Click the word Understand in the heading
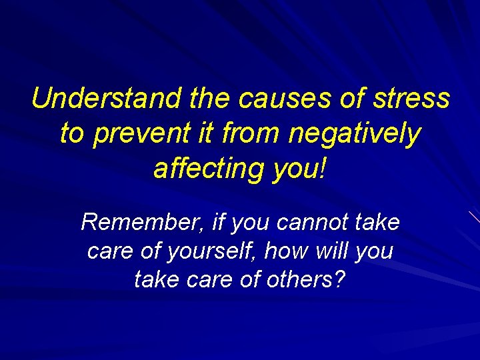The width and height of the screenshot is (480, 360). pyautogui.click(x=105, y=99)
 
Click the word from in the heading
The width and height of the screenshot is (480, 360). pyautogui.click(x=253, y=133)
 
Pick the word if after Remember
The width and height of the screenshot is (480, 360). pyautogui.click(x=217, y=222)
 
